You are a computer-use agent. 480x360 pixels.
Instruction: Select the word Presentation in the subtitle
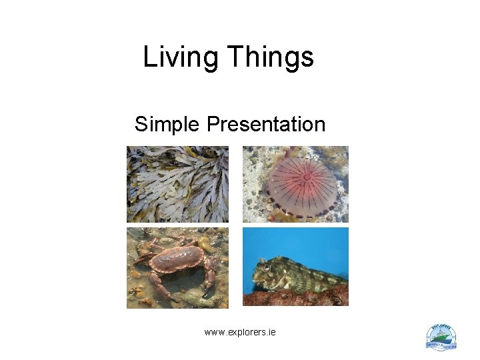(266, 124)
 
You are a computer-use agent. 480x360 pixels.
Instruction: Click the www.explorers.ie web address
(240, 331)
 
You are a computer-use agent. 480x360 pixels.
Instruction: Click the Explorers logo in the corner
(441, 337)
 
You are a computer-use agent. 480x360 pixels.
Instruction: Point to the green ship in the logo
(441, 338)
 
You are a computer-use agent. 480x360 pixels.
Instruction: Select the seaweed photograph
(177, 184)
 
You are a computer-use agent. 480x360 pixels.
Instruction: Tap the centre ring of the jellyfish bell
(307, 177)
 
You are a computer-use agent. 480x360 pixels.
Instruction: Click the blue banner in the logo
(441, 345)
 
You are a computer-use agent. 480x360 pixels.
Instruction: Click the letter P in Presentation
(213, 124)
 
